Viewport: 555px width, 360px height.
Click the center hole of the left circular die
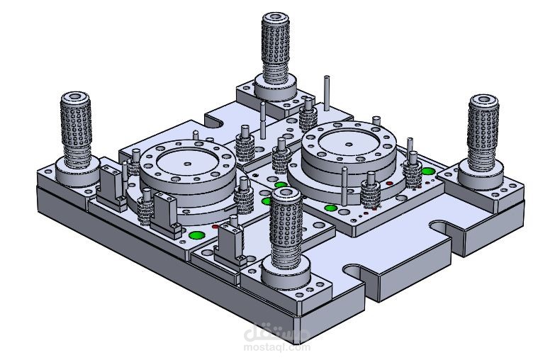click(x=187, y=163)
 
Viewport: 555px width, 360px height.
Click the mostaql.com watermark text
click(x=276, y=347)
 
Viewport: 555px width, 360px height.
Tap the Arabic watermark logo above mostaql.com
click(x=276, y=332)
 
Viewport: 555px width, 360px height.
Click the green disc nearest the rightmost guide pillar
click(x=427, y=171)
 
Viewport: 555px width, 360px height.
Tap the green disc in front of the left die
click(x=196, y=235)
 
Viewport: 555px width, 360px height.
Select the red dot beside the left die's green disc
click(x=215, y=227)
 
